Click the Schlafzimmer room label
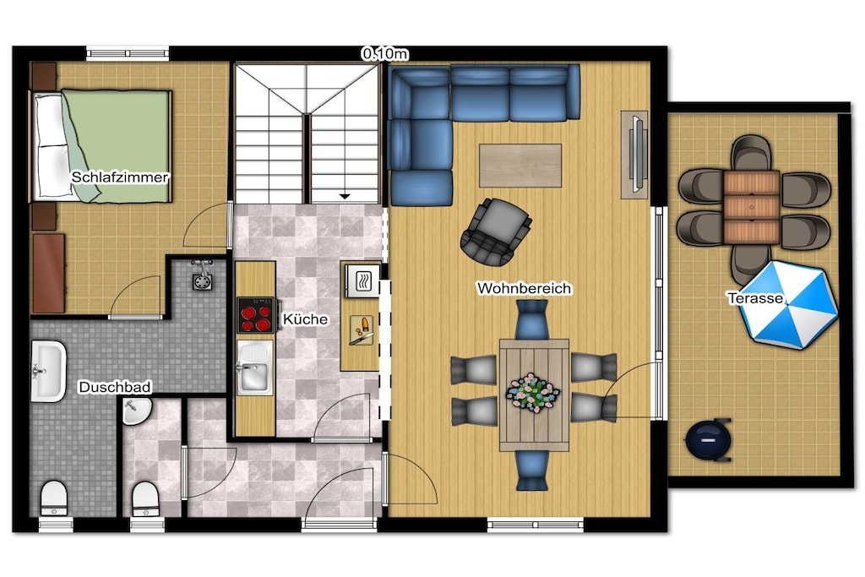click(120, 177)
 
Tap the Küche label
click(305, 318)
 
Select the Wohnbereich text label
click(524, 288)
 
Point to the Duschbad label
click(115, 387)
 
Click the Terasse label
click(755, 298)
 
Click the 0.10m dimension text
click(385, 53)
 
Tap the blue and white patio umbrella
click(788, 304)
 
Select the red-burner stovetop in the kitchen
click(255, 315)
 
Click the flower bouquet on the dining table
click(533, 392)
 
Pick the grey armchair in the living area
click(495, 231)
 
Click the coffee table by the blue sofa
click(520, 166)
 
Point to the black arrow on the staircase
click(345, 196)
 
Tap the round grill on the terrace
click(709, 439)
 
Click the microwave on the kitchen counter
click(363, 280)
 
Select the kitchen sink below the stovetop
click(255, 367)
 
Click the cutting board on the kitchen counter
click(362, 329)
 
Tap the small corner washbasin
click(136, 411)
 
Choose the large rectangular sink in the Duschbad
click(48, 371)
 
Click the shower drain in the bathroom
click(203, 282)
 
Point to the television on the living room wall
click(636, 154)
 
